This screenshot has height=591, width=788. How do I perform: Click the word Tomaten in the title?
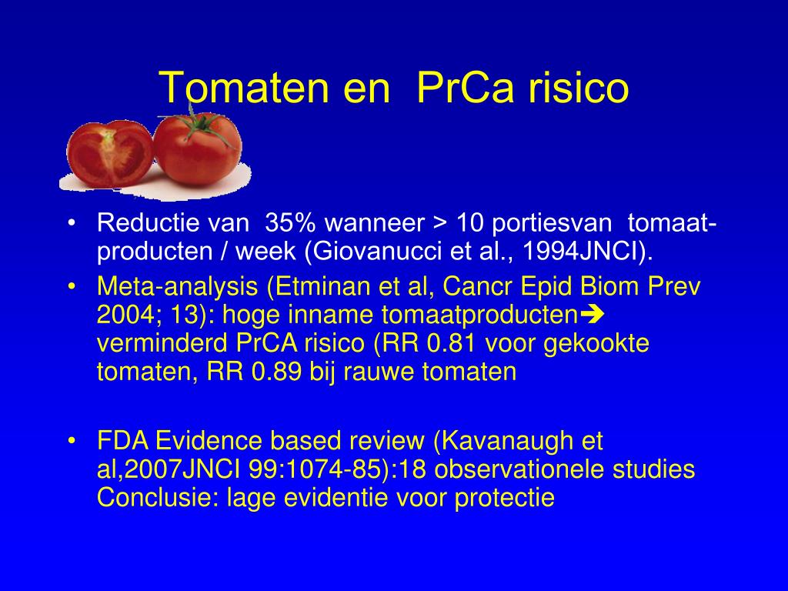point(245,88)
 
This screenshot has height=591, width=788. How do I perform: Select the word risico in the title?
point(579,88)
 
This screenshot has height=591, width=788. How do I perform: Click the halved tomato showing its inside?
point(109,153)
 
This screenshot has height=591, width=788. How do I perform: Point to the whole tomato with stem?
point(198,149)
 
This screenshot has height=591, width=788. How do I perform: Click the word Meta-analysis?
point(177,286)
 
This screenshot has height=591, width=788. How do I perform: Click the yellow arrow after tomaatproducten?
point(592,315)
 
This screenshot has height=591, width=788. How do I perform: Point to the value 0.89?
point(276,372)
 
